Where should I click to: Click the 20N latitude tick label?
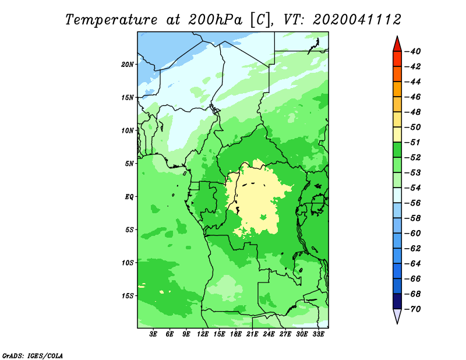[128, 65]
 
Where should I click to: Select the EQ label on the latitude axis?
[129, 197]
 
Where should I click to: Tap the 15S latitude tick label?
[128, 296]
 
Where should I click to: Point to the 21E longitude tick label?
[252, 334]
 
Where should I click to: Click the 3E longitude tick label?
[153, 334]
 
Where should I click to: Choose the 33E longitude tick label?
[318, 334]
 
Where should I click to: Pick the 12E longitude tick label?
[203, 334]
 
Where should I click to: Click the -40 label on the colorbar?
[413, 51]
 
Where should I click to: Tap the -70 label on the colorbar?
[413, 309]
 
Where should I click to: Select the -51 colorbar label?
[413, 142]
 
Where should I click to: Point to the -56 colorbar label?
[413, 203]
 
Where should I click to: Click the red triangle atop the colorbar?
[397, 45]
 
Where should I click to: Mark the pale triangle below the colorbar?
[397, 316]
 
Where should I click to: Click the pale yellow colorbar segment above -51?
[397, 135]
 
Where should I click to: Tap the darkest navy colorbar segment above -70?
[397, 301]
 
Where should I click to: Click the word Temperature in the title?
[111, 20]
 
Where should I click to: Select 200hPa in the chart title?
[215, 20]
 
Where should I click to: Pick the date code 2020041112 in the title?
[357, 20]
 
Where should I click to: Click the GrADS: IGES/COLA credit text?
[33, 356]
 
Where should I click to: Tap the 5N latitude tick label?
[129, 164]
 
